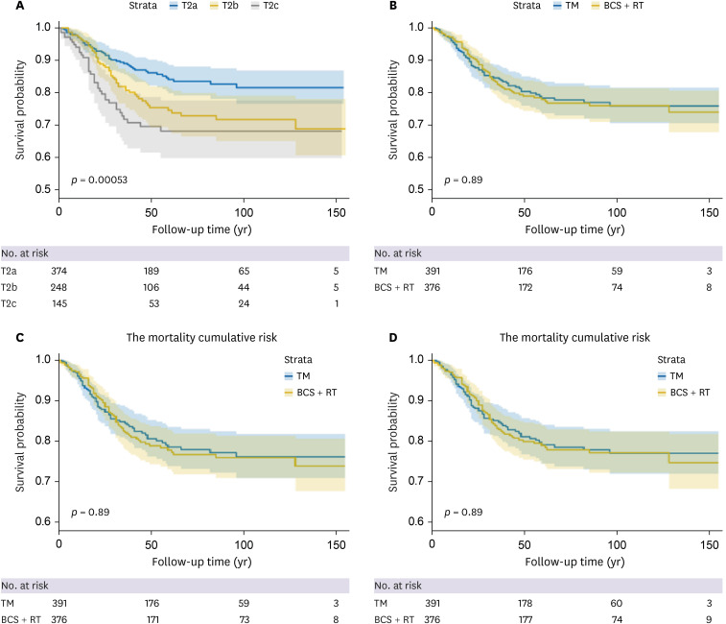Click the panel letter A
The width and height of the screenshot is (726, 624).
click(x=7, y=7)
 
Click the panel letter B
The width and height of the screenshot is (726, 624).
click(x=379, y=7)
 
